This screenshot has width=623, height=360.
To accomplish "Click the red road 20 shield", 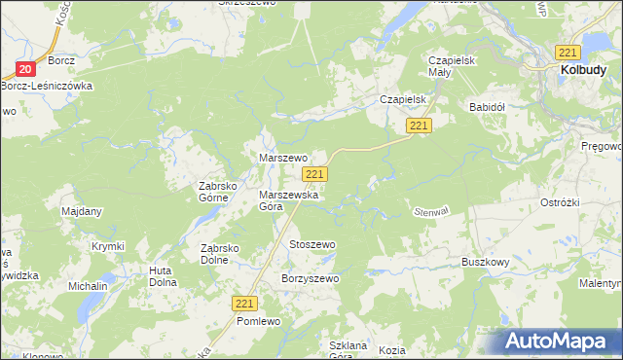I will coord(25,69).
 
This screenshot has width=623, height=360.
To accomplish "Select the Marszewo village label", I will coord(282,157).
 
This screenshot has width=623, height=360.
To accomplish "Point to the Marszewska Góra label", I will coord(284,199).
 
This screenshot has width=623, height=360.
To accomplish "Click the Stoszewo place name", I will coord(311,244).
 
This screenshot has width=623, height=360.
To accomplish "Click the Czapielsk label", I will coord(405,99).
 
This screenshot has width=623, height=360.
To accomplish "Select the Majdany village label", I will coord(82,211).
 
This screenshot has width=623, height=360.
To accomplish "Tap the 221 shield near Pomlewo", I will coord(245,304).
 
